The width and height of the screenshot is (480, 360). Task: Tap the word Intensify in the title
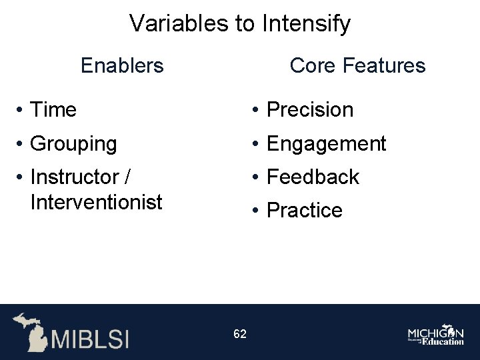[x=307, y=24]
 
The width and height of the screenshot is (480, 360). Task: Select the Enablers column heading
[x=122, y=65]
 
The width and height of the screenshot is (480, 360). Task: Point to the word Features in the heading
[x=385, y=65]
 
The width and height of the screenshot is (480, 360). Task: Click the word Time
[x=53, y=109]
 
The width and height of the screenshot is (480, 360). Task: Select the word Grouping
[x=73, y=143]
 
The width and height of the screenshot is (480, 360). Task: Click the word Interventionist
[x=96, y=202]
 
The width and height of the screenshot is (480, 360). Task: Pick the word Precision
[x=309, y=109]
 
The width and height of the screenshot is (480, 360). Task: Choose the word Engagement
[x=326, y=143]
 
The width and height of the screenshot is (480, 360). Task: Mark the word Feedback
[x=313, y=177]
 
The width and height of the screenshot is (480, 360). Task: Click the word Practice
[x=304, y=211]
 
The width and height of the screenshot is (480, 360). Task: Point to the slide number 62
[x=240, y=334]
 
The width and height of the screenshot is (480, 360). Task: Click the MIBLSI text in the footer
[x=90, y=338]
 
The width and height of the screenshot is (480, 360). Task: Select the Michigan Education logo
[x=436, y=335]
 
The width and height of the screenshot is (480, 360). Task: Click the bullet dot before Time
[x=21, y=110]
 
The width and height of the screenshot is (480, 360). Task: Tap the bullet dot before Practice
[x=257, y=211]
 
